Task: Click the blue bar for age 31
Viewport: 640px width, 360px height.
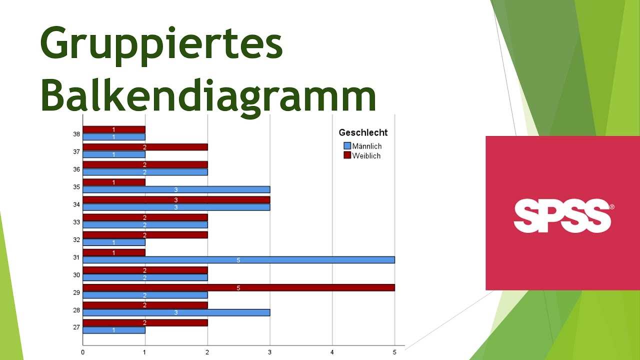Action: coord(239,259)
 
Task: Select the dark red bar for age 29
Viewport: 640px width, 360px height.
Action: coord(239,287)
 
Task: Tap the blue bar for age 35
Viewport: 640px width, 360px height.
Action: coord(176,189)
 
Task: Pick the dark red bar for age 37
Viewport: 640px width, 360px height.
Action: coord(145,147)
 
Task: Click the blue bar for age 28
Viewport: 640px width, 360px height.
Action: coord(176,312)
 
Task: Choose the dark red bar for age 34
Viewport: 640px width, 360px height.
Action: coord(176,199)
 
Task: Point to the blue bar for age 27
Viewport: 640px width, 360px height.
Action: coord(114,330)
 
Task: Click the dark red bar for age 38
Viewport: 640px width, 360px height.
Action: coord(114,129)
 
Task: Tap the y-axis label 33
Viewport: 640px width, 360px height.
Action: coord(76,222)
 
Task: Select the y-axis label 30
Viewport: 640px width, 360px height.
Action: coord(76,275)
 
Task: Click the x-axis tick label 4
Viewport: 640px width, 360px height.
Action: coord(332,352)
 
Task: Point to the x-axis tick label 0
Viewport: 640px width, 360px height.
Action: coord(83,352)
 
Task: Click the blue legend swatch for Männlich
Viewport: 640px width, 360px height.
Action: coord(347,145)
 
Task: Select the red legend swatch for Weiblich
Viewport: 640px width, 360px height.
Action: coord(347,155)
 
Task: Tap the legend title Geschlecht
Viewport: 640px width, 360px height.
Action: coord(363,132)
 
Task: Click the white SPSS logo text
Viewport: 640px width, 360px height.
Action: coord(562,215)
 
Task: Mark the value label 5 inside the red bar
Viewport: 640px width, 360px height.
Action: coord(238,288)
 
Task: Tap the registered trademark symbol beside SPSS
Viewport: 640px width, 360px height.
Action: coord(611,207)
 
